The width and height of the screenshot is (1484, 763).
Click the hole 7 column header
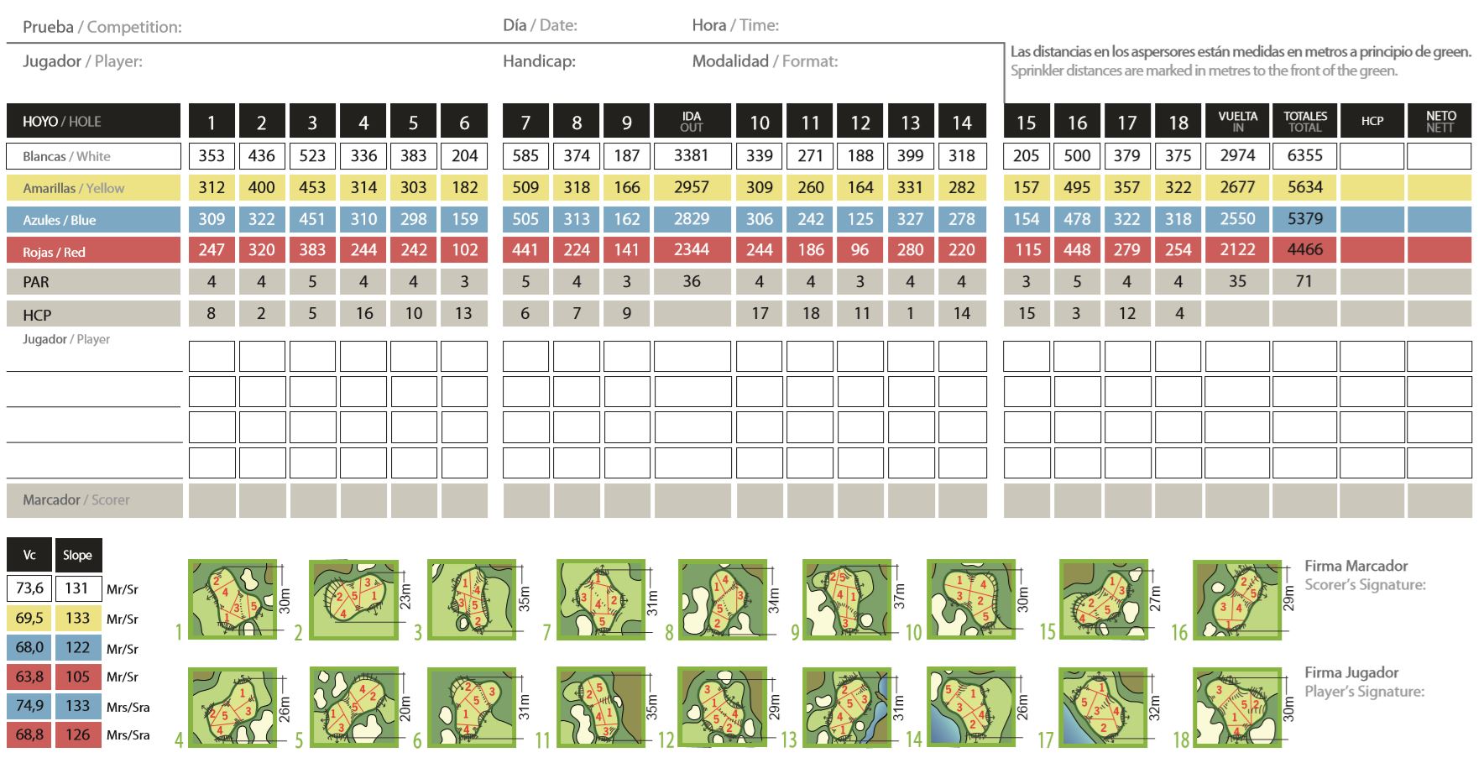click(525, 121)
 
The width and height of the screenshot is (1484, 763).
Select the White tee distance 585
click(525, 155)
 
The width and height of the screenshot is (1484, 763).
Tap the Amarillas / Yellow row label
click(74, 188)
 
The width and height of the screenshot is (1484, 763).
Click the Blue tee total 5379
click(1304, 219)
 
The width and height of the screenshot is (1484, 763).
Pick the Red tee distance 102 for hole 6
click(464, 250)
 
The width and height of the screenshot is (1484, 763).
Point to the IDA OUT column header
click(692, 121)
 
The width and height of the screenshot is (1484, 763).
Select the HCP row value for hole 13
click(911, 314)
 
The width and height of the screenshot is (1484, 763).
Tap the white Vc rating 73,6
click(29, 588)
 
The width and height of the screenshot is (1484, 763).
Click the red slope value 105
click(77, 677)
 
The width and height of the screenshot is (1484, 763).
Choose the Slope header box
click(77, 555)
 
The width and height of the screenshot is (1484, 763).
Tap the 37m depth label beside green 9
click(900, 597)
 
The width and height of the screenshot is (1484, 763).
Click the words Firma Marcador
click(1356, 566)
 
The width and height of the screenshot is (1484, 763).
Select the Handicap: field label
click(539, 61)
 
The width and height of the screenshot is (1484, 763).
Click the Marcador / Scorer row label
click(76, 500)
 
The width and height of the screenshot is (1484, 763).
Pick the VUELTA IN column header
click(1237, 121)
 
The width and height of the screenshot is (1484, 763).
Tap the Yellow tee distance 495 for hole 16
click(1077, 187)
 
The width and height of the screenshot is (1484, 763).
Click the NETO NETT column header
click(1440, 121)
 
